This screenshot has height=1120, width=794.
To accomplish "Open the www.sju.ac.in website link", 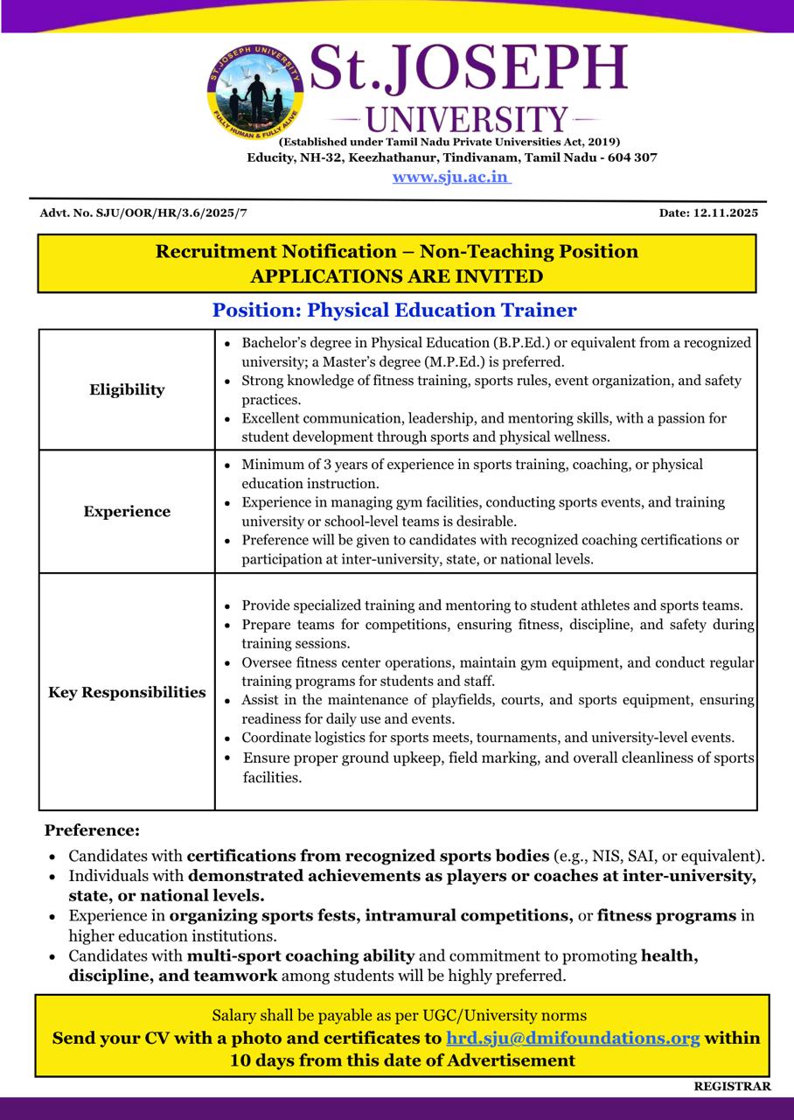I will [x=451, y=177].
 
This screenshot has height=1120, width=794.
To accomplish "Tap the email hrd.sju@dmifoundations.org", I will [x=573, y=1038].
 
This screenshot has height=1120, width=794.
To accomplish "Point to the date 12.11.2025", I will [x=725, y=213].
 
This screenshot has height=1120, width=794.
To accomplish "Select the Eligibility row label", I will [x=127, y=389].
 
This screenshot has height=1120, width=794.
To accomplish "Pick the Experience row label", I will [x=127, y=512].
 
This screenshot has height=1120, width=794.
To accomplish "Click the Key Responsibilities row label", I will [x=127, y=692].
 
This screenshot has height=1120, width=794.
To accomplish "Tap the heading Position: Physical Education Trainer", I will [x=394, y=310].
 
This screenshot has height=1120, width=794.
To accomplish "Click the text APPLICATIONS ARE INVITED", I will [x=396, y=276].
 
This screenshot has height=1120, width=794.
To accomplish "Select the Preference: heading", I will [x=92, y=829].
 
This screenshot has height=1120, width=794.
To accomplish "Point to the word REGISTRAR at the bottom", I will [x=733, y=1086].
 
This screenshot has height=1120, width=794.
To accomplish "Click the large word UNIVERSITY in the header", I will [x=466, y=119].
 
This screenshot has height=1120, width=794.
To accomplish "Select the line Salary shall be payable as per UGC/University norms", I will [x=399, y=1015].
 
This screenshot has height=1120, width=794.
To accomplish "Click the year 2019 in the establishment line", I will [x=599, y=142].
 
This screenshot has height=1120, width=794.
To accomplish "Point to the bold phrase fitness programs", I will [x=666, y=915].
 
